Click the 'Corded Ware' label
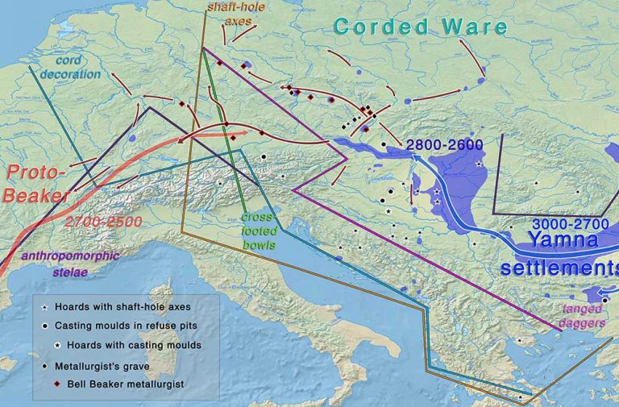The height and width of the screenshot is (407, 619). [x=420, y=26]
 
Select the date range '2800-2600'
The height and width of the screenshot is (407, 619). [x=444, y=145]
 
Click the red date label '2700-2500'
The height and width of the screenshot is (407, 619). [x=103, y=221]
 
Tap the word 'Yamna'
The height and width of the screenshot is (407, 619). [x=563, y=242]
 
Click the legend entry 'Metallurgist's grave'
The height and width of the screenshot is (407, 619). [x=106, y=366]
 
